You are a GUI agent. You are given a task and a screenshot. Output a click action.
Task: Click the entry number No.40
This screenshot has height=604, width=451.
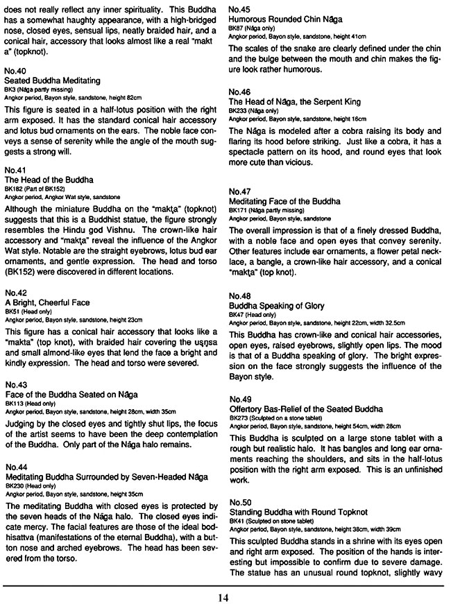pos(15,71)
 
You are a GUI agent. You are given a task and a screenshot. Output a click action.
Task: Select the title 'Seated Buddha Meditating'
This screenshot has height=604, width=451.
pos(52,81)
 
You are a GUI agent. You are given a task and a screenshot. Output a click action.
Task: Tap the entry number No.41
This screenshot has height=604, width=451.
pos(15,170)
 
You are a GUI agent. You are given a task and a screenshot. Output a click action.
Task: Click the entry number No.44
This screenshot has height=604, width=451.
pos(15,467)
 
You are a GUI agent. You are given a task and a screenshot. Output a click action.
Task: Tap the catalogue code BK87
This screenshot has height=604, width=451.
pos(237,26)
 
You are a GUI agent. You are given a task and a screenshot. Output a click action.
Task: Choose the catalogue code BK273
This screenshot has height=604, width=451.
pos(239,418)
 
